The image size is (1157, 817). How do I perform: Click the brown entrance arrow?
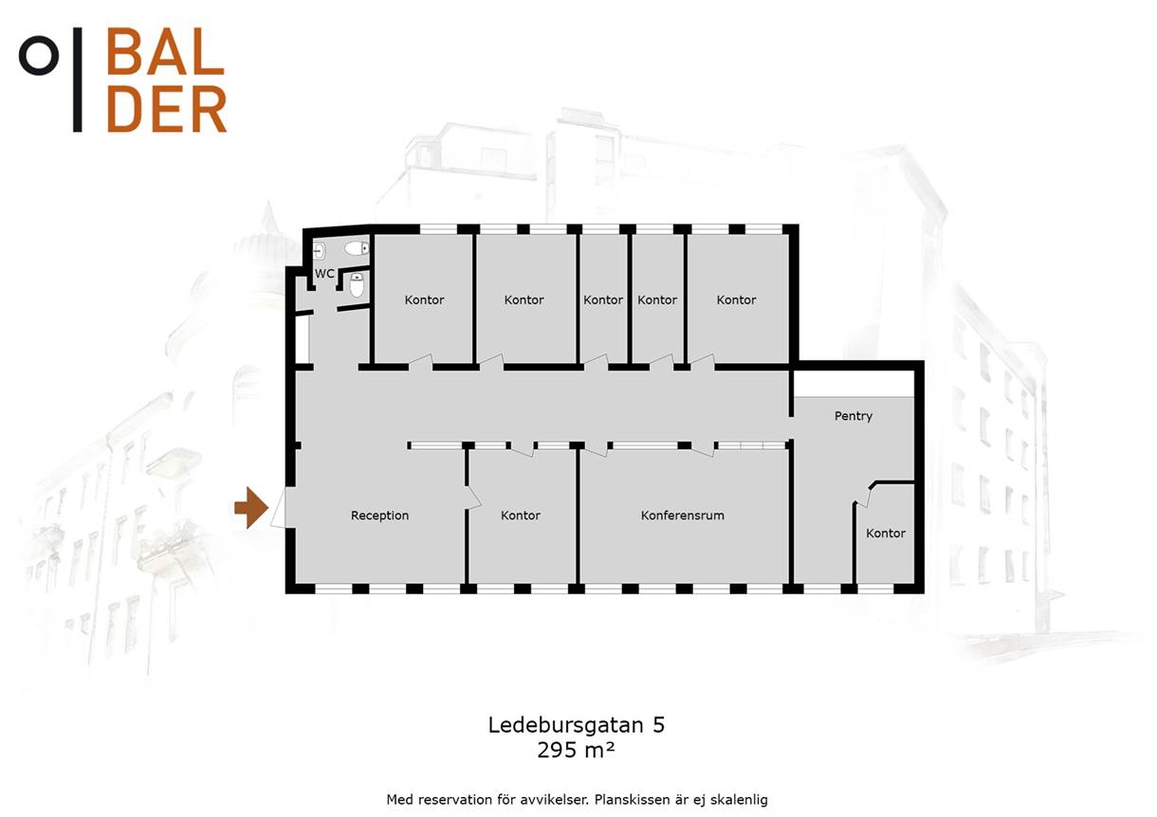point(251,508)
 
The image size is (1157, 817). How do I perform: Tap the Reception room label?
point(379,515)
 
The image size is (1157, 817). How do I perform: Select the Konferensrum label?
point(682,515)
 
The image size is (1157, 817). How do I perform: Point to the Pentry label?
point(854,416)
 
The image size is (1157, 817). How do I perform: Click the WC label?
point(324,274)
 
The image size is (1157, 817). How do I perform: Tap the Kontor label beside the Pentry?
point(886,534)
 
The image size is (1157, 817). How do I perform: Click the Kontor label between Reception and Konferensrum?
point(520,515)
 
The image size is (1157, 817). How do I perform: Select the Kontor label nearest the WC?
point(424,300)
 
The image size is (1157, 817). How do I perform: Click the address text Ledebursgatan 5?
point(577,725)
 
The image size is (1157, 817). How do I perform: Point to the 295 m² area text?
point(576,750)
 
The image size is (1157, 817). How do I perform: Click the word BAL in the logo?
point(165,51)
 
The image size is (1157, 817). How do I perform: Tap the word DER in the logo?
point(167,109)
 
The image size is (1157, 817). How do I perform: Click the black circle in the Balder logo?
point(39,55)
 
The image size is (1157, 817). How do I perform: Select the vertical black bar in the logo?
point(78,80)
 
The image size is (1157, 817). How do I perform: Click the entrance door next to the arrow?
point(279,508)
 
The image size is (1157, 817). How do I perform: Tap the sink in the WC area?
point(320,251)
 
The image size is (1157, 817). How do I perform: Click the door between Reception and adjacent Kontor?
point(473,498)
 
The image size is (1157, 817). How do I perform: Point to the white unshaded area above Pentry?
point(854,384)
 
